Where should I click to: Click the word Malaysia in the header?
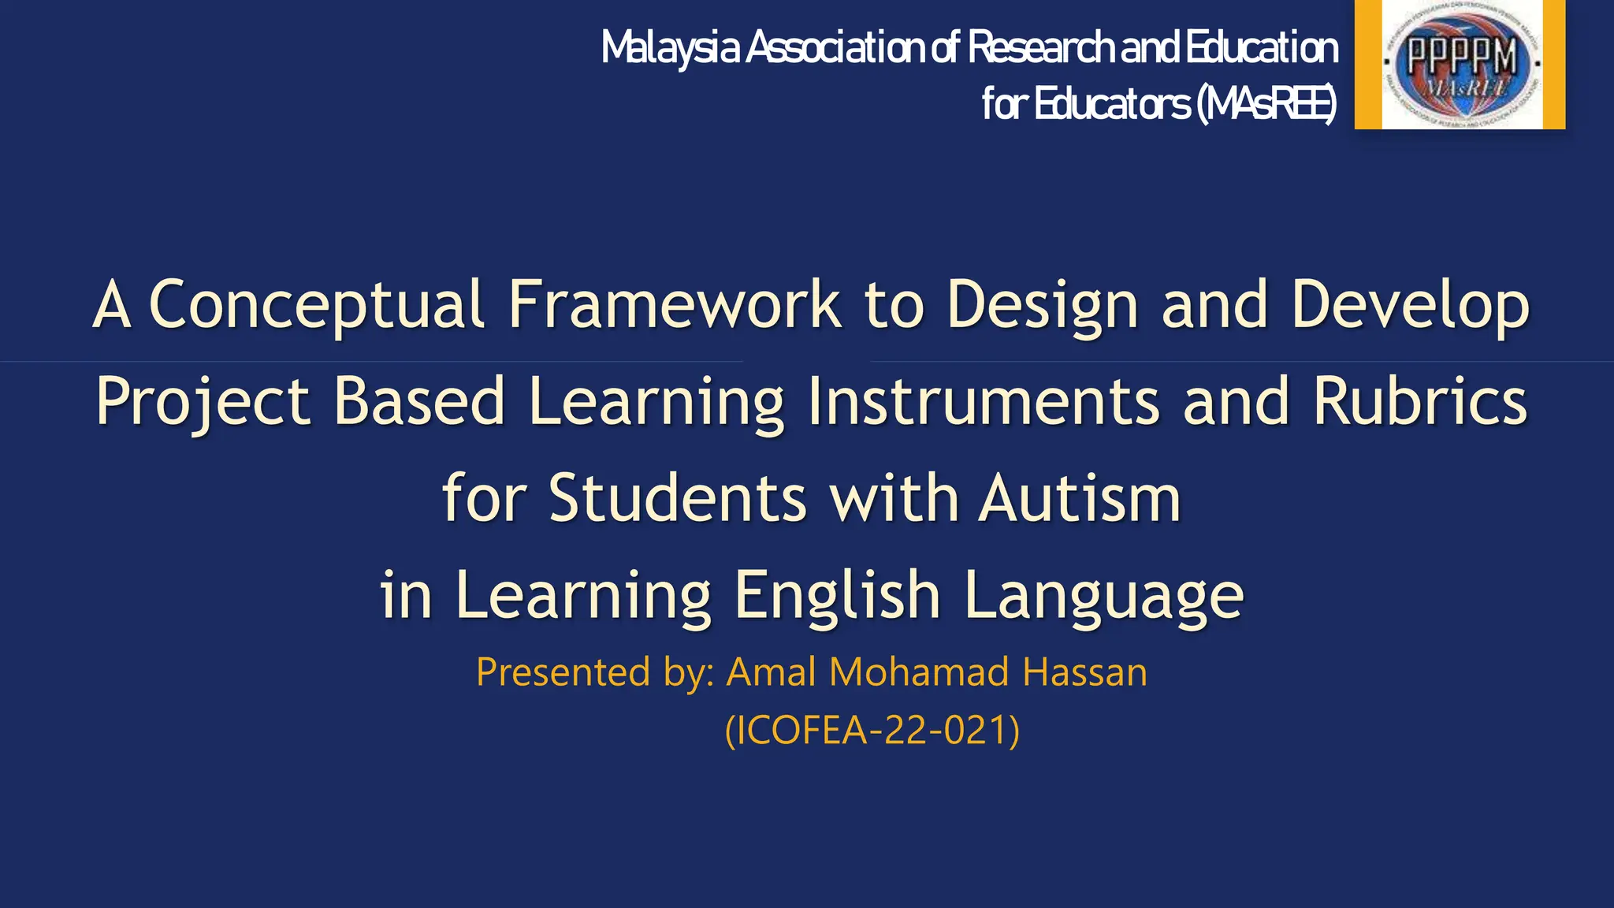pos(670,49)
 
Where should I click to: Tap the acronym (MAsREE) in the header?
pos(1266,104)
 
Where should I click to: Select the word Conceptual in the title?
pos(316,305)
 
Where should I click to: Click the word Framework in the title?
pos(674,305)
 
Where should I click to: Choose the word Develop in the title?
pos(1410,305)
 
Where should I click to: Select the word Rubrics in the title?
pos(1419,402)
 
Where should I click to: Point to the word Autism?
pos(1080,498)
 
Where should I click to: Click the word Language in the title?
pos(1103,595)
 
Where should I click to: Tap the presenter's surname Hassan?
pos(1084,672)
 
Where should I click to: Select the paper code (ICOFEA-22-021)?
pos(872,730)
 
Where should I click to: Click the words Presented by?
pos(595,672)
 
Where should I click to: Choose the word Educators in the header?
pos(1111,104)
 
